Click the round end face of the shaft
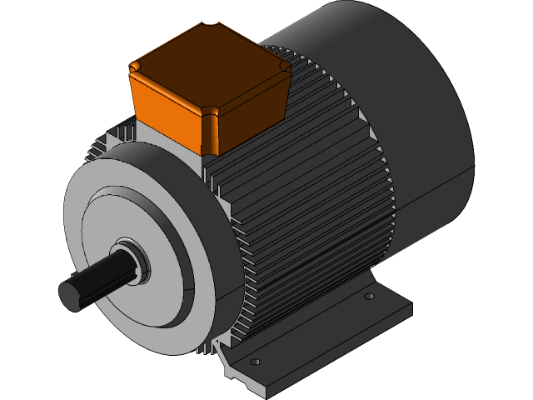coord(72,294)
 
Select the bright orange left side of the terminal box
coord(167,108)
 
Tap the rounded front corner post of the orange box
coord(212,133)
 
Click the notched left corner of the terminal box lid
coord(137,65)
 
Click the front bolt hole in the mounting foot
coord(256,362)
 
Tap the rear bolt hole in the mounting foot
coord(370,295)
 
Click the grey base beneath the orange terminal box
coord(171,142)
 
